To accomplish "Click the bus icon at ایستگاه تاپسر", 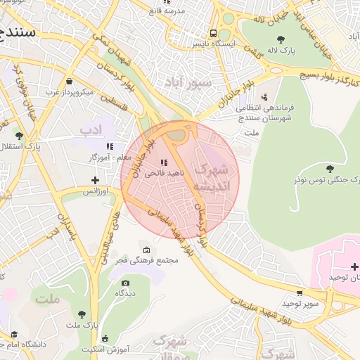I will pos(213,33).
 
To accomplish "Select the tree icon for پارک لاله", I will pos(281,39).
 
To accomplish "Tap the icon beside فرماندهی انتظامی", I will pos(264,97).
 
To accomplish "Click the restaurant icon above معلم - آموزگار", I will pos(109,146).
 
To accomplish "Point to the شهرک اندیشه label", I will pos(211,178).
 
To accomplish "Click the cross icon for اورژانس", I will pos(95,181).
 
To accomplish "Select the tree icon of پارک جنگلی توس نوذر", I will pos(330,168).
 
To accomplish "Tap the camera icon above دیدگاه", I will pos(124,283).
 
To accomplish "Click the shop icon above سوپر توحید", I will pos(301,292).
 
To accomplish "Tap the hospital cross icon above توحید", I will pos(354,266).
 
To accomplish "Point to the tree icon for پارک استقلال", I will pos(20,135).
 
